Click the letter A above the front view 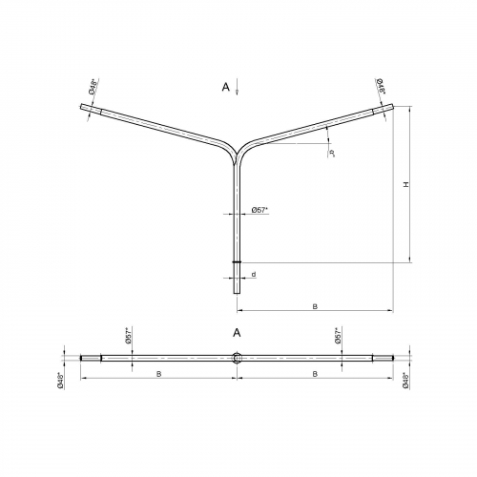[225, 87]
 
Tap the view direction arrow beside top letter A [237, 87]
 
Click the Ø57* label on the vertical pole [259, 210]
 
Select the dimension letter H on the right [405, 184]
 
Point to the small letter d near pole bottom [254, 274]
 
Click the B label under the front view [315, 306]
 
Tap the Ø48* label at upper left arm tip [93, 87]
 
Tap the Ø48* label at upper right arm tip [381, 86]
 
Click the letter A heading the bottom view [237, 333]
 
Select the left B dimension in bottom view [158, 374]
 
